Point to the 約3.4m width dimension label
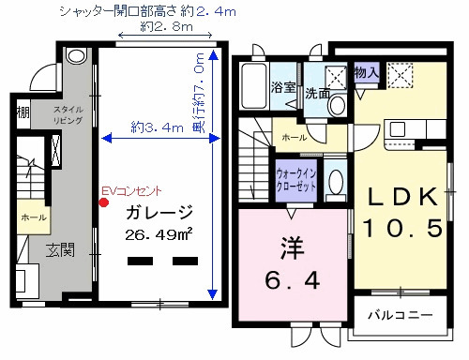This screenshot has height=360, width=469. [x=156, y=127]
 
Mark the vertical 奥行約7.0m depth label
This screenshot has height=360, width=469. [x=200, y=95]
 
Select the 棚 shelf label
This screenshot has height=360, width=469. [x=23, y=113]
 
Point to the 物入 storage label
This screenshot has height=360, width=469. [x=367, y=71]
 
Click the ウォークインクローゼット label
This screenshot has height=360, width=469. [x=295, y=179]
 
